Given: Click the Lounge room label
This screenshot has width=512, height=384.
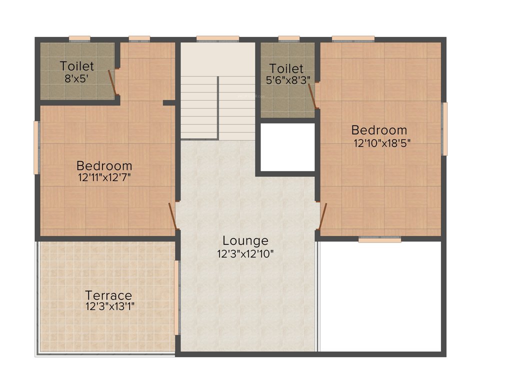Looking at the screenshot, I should (x=245, y=241).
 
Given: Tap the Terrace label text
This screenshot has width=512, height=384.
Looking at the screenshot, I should (x=108, y=295).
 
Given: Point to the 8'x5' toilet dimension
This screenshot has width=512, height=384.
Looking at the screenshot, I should (x=77, y=77).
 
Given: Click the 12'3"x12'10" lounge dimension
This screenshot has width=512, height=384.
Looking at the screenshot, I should (x=245, y=254).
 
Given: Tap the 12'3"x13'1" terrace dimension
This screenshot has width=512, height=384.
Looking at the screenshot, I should (x=110, y=306).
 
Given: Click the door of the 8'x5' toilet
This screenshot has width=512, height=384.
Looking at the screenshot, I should (x=113, y=82).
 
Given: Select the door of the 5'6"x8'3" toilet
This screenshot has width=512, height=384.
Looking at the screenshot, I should (x=313, y=95).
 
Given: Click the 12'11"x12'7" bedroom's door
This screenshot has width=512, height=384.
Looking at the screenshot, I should (x=173, y=215).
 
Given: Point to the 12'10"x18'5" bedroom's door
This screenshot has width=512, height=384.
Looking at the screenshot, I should (x=322, y=216).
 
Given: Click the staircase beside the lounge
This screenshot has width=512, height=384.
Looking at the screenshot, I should (x=218, y=107).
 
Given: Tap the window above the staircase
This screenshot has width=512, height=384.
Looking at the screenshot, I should (x=217, y=38).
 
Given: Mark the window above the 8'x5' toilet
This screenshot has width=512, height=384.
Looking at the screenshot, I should (x=79, y=38).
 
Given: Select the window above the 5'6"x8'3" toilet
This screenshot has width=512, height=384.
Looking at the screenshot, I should (x=288, y=38).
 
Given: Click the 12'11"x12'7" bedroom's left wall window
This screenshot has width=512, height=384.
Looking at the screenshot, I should (x=36, y=147).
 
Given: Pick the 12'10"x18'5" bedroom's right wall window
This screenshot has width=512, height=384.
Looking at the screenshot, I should (x=444, y=129).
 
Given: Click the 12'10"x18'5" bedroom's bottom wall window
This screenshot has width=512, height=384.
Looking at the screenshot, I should (x=380, y=239).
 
